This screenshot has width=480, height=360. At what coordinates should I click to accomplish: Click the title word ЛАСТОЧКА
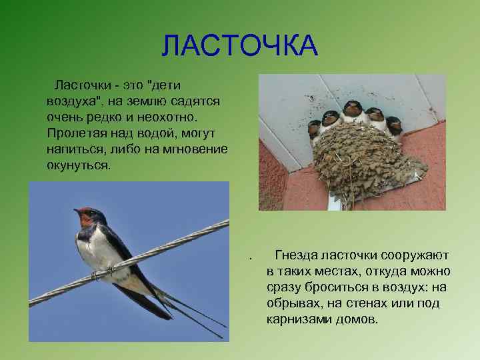click(x=240, y=45)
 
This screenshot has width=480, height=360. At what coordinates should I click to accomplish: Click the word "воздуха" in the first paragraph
click(x=70, y=101)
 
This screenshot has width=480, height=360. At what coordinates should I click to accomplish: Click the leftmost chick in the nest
click(x=314, y=129)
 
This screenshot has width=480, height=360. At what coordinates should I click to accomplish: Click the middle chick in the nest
click(x=352, y=111)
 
